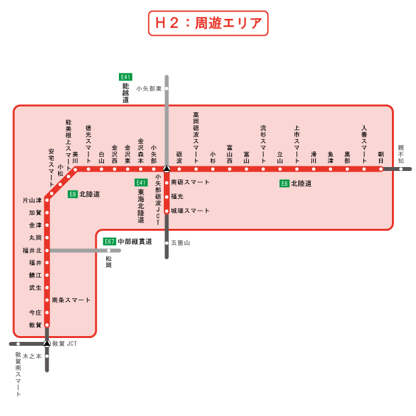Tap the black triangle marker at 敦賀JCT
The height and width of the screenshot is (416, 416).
point(47,343)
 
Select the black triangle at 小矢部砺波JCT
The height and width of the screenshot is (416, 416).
point(166,169)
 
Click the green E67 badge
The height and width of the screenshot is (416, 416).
point(109,241)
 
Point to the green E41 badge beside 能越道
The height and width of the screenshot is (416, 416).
point(125,77)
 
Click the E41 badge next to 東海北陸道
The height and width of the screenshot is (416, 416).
point(141,183)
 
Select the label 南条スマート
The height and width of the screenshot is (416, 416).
point(71,300)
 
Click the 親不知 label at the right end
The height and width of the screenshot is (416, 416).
point(401,155)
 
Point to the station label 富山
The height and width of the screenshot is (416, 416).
point(246,156)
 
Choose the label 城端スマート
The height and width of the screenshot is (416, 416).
point(190,211)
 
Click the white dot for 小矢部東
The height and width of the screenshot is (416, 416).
point(166,88)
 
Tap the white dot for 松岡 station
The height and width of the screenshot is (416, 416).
point(109,250)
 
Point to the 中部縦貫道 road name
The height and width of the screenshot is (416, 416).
point(135,241)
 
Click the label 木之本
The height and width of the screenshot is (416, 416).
point(32,356)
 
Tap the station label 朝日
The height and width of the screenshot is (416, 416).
point(382,155)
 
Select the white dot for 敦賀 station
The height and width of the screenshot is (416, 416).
point(47,324)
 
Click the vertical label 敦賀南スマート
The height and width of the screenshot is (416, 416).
point(19,375)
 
